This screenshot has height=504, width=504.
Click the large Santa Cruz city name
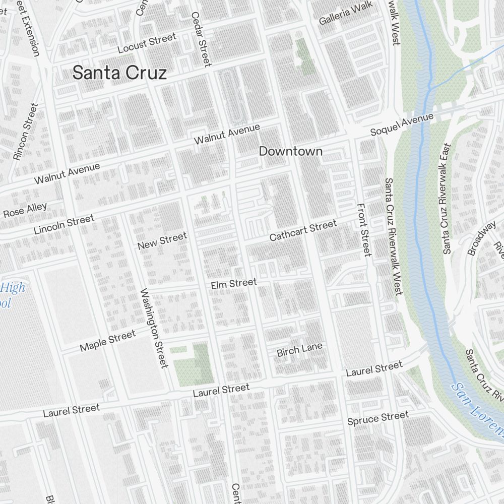click(119, 73)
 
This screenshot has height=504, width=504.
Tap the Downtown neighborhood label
click(290, 151)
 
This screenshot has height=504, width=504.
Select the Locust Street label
click(147, 43)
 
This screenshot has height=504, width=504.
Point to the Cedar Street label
click(201, 39)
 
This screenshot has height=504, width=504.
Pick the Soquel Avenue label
click(402, 124)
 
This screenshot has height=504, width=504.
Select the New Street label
click(162, 240)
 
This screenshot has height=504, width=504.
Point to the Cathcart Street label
click(302, 230)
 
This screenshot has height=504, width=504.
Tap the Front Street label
click(363, 229)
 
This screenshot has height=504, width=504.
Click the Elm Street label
click(234, 284)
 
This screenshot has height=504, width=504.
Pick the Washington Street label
click(154, 328)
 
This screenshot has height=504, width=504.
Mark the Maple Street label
click(108, 341)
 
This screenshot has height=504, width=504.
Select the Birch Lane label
click(299, 350)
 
